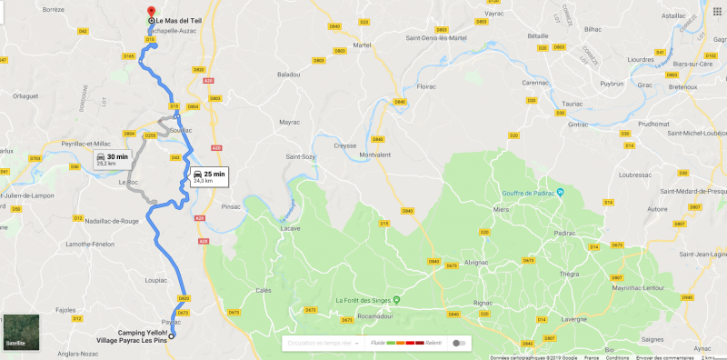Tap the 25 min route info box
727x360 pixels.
[208, 175]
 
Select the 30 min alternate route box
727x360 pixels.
[112, 160]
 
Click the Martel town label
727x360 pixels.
[363, 45]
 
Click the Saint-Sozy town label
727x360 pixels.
[302, 156]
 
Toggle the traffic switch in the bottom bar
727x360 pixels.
[463, 343]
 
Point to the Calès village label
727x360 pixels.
[264, 290]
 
